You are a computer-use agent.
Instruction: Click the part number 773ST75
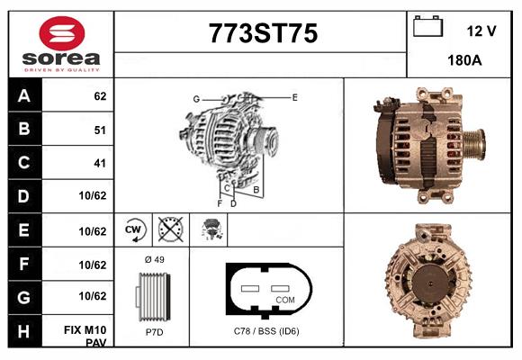(263, 33)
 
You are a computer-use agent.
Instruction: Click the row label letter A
(24, 95)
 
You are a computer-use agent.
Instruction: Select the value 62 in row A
(99, 95)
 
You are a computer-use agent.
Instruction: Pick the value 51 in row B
(99, 130)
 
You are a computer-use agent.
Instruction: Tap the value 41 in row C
(99, 163)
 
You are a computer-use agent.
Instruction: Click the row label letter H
(24, 331)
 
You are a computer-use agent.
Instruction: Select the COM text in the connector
(285, 300)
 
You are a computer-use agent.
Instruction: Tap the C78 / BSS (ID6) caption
(267, 332)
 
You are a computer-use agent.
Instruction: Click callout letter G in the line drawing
(195, 99)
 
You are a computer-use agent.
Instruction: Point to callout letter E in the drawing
(294, 96)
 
